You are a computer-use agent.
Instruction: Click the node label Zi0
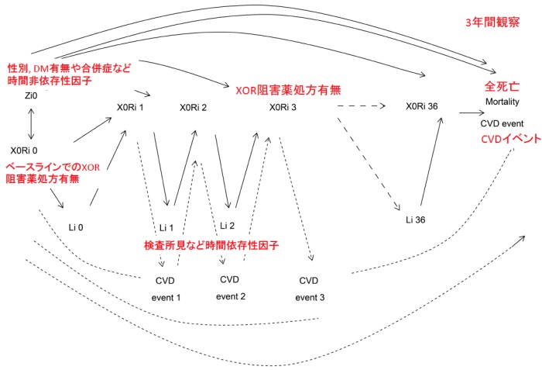(31, 95)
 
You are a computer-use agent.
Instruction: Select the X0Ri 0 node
(29, 150)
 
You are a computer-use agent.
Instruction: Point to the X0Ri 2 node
(193, 108)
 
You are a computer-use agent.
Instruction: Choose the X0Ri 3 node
(288, 108)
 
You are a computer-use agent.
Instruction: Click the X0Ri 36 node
(424, 108)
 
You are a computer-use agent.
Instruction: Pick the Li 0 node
(75, 226)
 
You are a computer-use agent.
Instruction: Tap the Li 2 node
(227, 225)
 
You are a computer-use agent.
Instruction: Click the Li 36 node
(416, 220)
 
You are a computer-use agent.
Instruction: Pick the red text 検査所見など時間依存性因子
(211, 245)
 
